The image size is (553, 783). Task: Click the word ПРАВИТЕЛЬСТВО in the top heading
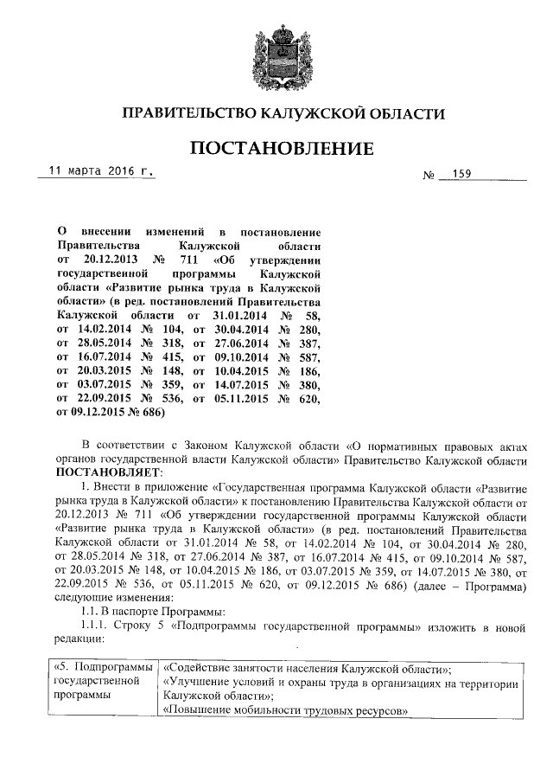(x=189, y=114)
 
